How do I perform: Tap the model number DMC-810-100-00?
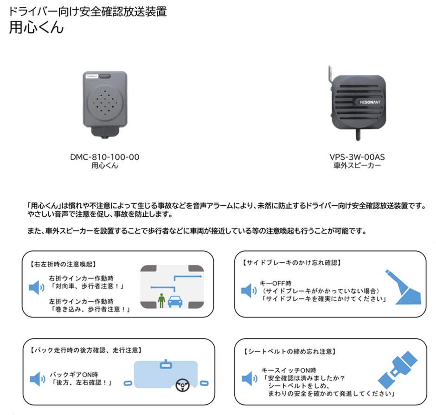pyautogui.click(x=104, y=157)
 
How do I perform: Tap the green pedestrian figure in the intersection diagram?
pyautogui.click(x=161, y=300)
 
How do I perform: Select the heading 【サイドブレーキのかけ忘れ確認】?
pyautogui.click(x=292, y=262)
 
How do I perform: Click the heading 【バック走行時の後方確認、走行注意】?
pyautogui.click(x=85, y=350)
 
